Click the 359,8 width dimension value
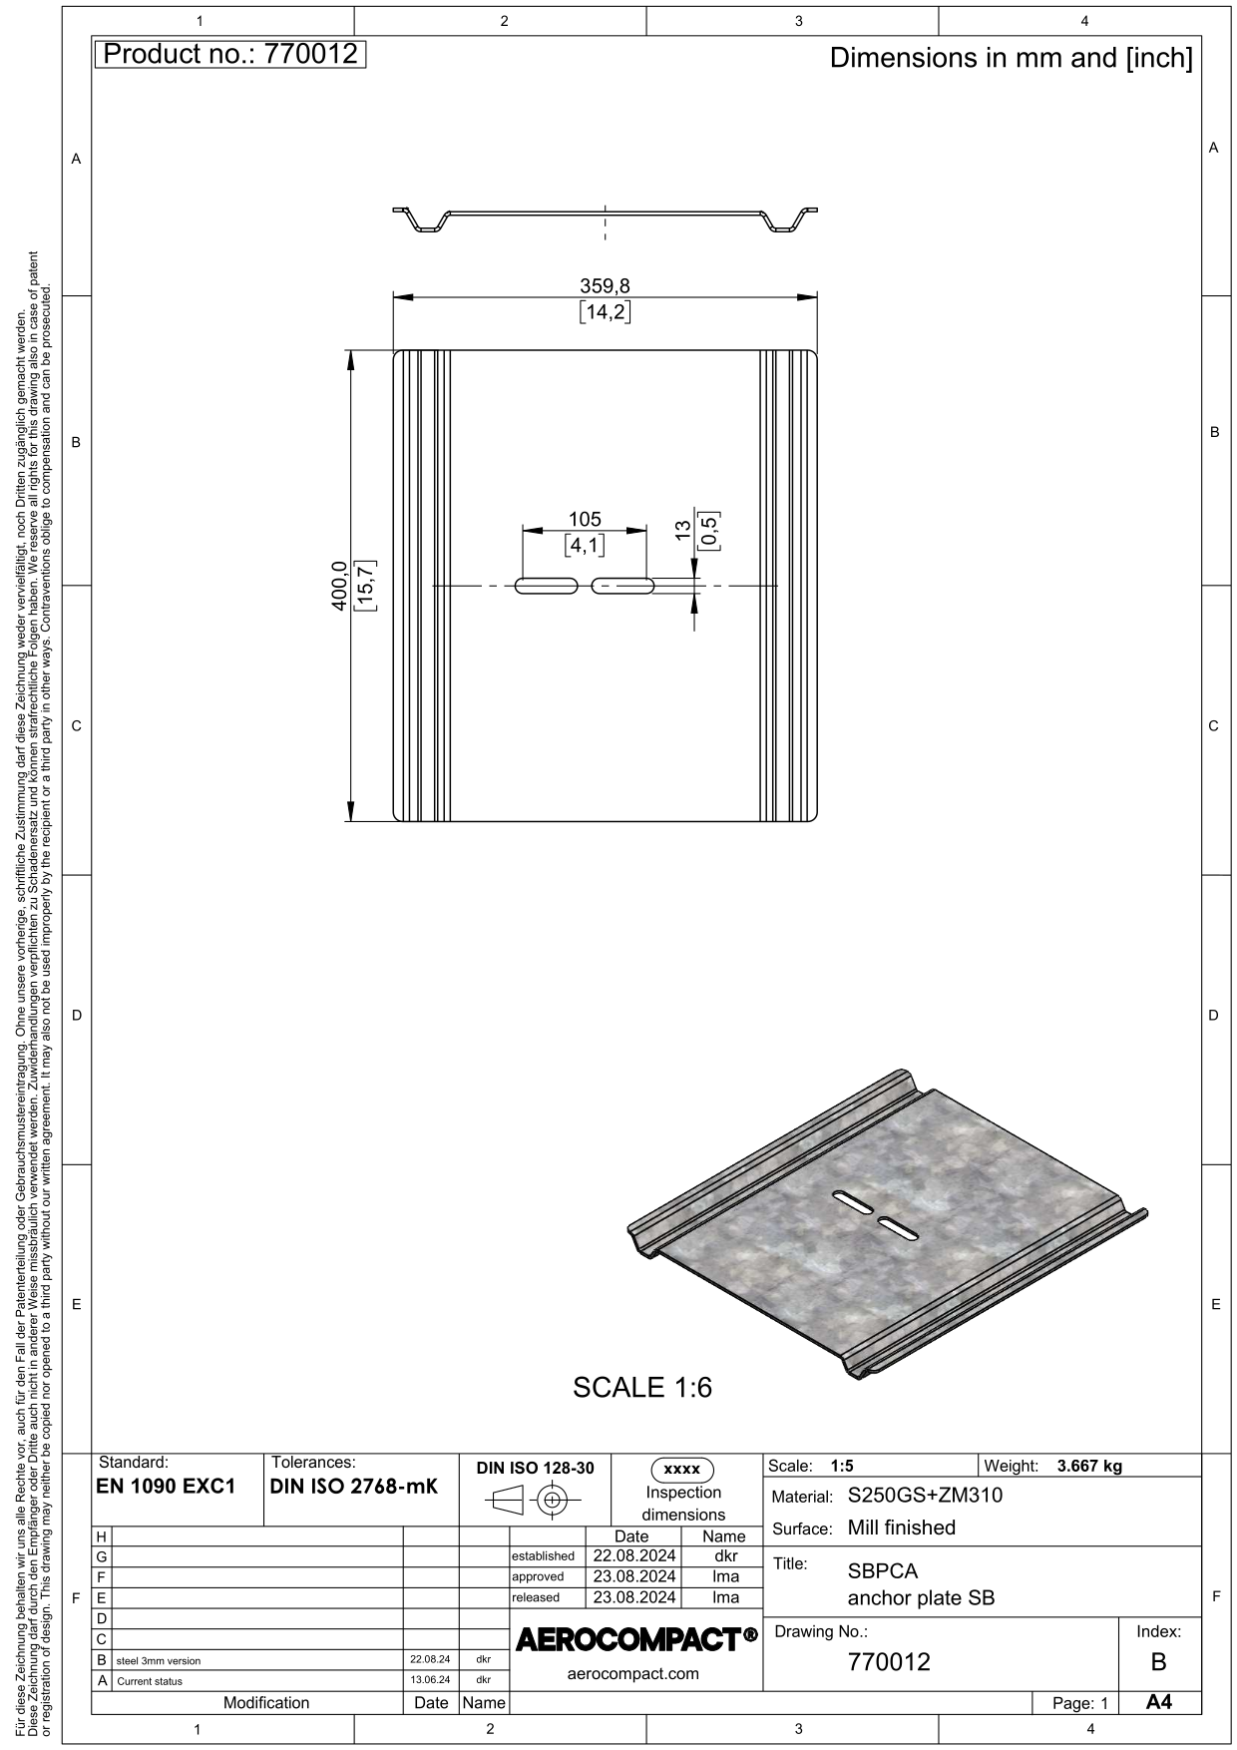tap(605, 286)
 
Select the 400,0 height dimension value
tap(338, 586)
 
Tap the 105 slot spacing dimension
tap(585, 519)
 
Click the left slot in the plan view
tap(546, 586)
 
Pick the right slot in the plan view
tap(622, 586)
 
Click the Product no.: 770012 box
tap(230, 54)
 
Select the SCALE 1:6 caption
tap(642, 1387)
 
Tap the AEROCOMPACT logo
tap(636, 1638)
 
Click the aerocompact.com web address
tap(632, 1673)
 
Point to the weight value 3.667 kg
tap(1089, 1466)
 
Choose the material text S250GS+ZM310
tap(925, 1496)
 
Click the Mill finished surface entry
tap(902, 1528)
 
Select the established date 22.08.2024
tap(634, 1555)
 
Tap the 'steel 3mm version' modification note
tap(159, 1661)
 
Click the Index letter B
tap(1158, 1662)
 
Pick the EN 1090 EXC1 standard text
tap(166, 1486)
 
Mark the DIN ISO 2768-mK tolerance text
tap(354, 1486)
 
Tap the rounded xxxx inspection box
tap(682, 1470)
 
